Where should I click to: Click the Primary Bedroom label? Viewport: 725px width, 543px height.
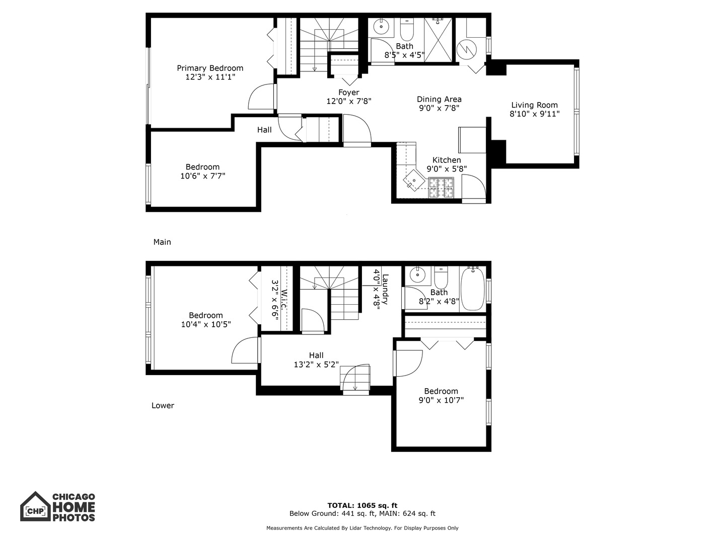click(210, 68)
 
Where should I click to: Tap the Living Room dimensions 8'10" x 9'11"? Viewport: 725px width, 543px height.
click(534, 114)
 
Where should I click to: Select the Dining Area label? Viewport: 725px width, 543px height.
click(439, 100)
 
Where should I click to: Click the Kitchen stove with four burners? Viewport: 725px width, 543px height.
click(441, 188)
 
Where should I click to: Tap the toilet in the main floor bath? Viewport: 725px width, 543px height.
click(406, 30)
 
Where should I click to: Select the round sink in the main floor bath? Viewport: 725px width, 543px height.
click(382, 26)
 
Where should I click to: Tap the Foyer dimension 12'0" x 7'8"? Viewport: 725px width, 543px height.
click(349, 102)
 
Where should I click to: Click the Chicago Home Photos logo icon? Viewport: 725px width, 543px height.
click(35, 506)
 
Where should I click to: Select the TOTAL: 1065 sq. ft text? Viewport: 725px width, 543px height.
click(362, 505)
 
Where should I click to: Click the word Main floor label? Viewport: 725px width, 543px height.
click(162, 242)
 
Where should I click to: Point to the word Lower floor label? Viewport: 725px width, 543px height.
click(163, 406)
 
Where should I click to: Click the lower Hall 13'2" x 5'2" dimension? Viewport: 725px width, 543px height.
click(316, 365)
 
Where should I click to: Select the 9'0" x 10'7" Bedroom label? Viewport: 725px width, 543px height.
click(441, 400)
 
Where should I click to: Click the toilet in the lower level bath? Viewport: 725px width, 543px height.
click(441, 277)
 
